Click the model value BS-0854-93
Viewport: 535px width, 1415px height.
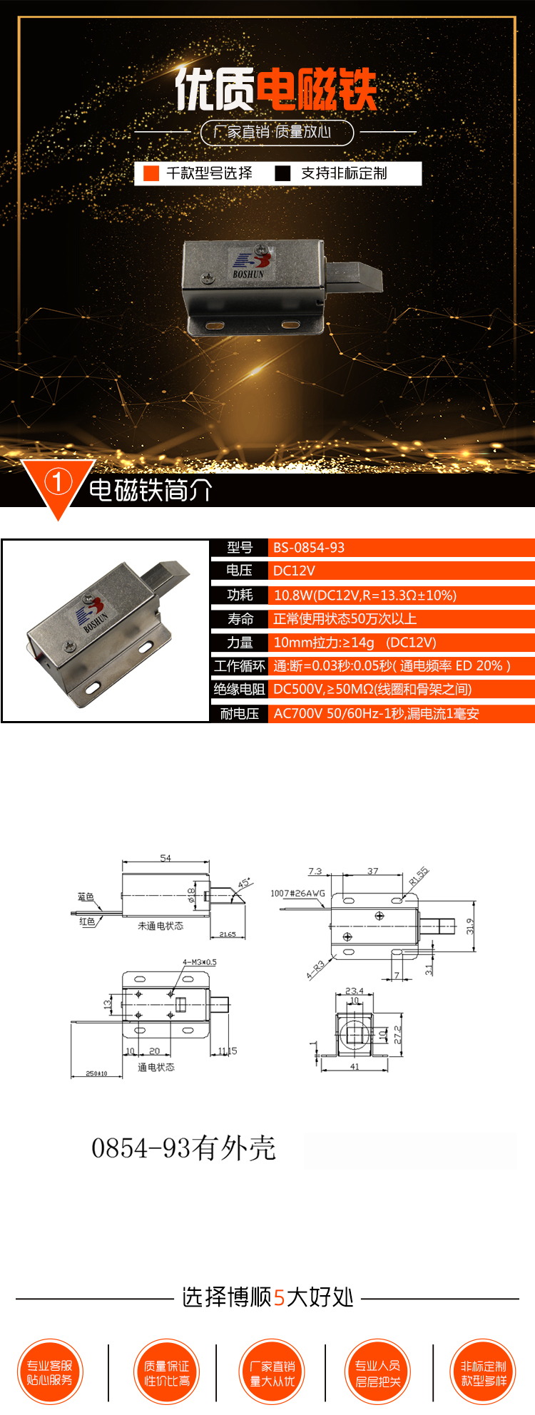(x=308, y=548)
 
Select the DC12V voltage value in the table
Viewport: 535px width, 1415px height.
(x=294, y=571)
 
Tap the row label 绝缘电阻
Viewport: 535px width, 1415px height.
(x=239, y=689)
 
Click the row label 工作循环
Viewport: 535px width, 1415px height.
(x=239, y=666)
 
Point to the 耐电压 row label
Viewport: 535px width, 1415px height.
(x=239, y=714)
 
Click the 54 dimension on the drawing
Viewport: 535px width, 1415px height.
(x=165, y=858)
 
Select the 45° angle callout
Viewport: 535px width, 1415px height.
(x=245, y=884)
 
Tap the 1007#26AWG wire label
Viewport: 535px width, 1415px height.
(x=297, y=893)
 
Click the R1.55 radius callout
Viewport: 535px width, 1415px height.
(x=419, y=876)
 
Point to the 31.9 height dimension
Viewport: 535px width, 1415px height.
(x=470, y=926)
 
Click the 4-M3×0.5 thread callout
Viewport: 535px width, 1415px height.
(x=199, y=962)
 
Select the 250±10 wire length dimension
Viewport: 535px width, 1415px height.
(x=96, y=1073)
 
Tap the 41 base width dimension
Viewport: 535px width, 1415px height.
(x=355, y=1067)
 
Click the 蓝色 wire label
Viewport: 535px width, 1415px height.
(x=86, y=897)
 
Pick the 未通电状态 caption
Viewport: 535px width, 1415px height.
(x=160, y=926)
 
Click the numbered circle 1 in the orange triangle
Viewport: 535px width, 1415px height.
(x=58, y=481)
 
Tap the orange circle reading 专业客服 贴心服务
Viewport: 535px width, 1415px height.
(x=50, y=1372)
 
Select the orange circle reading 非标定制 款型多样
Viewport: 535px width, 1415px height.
(x=484, y=1372)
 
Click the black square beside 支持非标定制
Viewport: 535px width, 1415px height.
(x=283, y=173)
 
